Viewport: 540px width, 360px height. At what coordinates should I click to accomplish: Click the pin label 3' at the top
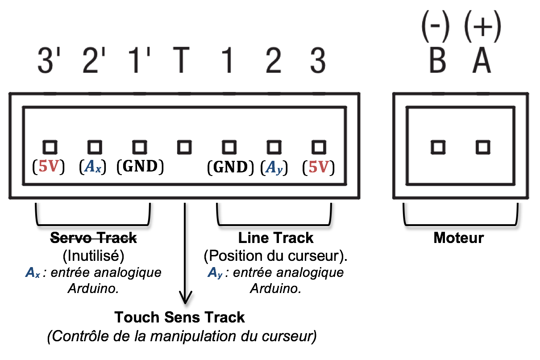[x=50, y=61]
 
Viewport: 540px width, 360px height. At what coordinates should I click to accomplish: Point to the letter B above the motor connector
[x=437, y=61]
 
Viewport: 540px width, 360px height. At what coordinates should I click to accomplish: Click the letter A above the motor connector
[x=482, y=61]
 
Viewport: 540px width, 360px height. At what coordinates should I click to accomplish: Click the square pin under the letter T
[x=184, y=147]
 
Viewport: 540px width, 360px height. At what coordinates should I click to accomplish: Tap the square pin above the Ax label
[x=94, y=147]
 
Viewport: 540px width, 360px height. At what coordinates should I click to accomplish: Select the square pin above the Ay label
[x=274, y=147]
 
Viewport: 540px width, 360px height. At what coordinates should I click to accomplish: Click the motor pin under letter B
[x=438, y=147]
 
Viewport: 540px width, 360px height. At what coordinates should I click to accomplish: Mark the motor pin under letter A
[x=482, y=147]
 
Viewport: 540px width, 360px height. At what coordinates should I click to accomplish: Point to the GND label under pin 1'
[x=140, y=167]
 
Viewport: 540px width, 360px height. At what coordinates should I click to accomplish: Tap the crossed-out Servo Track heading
[x=93, y=238]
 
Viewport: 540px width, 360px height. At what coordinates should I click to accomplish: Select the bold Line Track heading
[x=276, y=238]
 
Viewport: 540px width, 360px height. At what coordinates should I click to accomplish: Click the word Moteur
[x=458, y=238]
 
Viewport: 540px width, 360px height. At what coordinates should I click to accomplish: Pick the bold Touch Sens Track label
[x=179, y=318]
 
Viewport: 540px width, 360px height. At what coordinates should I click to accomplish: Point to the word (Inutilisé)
[x=93, y=256]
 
